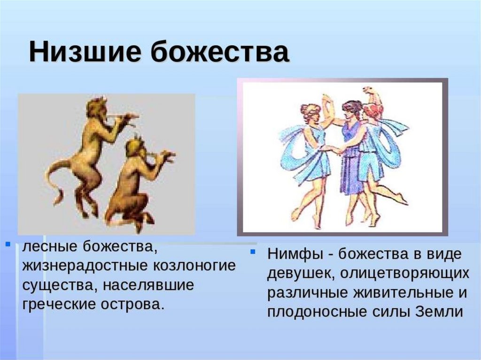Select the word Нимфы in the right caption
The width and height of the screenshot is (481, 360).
click(x=295, y=254)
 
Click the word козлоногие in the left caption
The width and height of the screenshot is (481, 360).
click(x=194, y=266)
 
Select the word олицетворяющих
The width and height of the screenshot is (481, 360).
click(x=404, y=274)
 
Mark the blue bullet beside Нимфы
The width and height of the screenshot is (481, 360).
click(x=253, y=252)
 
